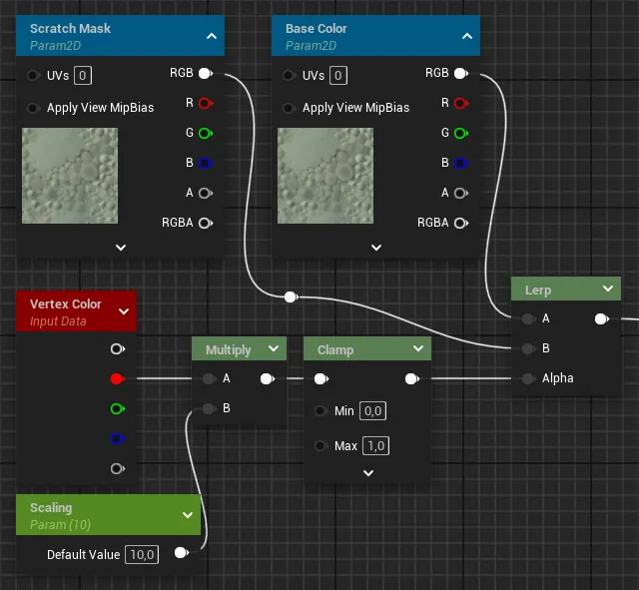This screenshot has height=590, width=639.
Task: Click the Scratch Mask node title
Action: point(70,29)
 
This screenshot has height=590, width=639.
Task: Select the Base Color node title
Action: point(317,29)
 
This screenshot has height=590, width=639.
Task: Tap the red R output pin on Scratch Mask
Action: point(206,103)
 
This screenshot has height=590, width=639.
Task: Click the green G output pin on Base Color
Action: point(461,133)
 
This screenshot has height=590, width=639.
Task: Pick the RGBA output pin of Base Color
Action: point(461,223)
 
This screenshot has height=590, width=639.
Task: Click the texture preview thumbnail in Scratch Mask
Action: point(70,176)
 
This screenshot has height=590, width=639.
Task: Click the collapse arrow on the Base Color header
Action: point(467,36)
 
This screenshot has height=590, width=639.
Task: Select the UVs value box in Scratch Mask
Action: point(83,76)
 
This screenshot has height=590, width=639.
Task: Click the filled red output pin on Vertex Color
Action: point(118,379)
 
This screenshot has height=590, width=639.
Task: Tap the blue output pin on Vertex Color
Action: point(118,439)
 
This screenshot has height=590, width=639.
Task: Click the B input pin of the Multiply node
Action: point(209,408)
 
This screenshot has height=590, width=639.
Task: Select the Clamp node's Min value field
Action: point(372,410)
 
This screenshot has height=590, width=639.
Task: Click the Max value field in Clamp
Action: point(375,446)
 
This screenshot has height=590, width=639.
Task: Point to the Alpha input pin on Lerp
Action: point(528,378)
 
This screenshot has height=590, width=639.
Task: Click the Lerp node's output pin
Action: point(601,319)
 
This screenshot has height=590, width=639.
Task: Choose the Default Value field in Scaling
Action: point(142,554)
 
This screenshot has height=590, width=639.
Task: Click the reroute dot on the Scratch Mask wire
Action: point(291,297)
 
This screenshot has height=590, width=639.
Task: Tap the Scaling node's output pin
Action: point(181,553)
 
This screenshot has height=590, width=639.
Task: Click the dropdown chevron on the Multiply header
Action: point(274,348)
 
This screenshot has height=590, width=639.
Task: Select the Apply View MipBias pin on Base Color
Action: point(289,108)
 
